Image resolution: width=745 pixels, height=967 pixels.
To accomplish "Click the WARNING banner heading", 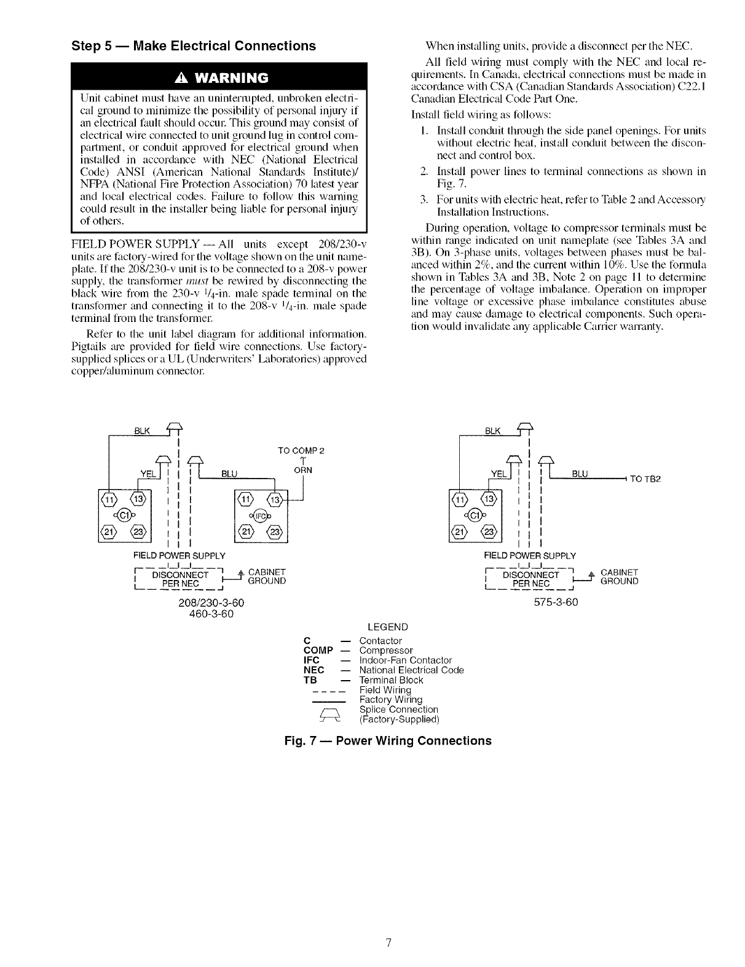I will tap(218, 78).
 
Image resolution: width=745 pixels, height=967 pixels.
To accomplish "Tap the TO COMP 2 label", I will tap(301, 450).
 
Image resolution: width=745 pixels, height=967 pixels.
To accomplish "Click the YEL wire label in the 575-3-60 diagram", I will tap(496, 473).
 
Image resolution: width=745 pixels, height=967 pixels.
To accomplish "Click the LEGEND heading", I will tap(387, 627).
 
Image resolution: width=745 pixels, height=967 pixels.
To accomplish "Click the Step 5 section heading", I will tap(194, 46).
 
